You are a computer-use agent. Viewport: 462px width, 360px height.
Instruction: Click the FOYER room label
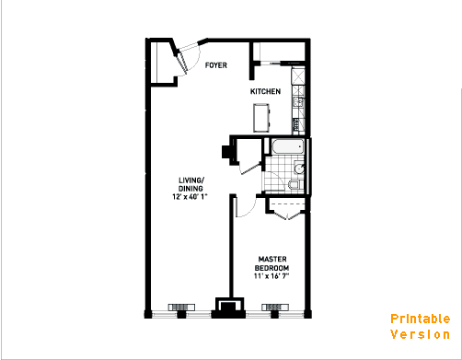216,65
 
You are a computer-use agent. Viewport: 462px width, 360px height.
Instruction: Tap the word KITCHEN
265,91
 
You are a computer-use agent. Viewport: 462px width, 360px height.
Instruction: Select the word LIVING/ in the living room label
191,180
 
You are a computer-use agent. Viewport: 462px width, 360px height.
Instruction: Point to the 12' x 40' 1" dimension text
190,197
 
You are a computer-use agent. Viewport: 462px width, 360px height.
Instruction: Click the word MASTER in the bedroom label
272,260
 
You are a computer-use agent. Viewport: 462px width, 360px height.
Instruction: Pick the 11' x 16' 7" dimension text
271,276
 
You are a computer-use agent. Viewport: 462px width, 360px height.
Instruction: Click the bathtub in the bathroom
288,146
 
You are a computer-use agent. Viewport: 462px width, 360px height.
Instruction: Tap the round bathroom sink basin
298,168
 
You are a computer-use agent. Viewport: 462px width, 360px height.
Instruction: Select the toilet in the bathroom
295,185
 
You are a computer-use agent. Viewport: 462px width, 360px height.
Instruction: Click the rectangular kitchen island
261,118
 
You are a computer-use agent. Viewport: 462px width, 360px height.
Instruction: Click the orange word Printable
421,319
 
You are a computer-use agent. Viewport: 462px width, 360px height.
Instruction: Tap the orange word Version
421,334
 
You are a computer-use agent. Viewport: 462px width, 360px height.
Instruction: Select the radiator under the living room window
181,307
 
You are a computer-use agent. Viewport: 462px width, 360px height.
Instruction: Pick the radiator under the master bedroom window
275,307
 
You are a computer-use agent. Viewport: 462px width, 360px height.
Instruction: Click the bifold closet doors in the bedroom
287,215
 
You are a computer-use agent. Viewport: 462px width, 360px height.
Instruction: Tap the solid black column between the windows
228,308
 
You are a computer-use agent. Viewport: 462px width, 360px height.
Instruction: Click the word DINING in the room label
191,189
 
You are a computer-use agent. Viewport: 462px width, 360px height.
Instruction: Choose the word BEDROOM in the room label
271,268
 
